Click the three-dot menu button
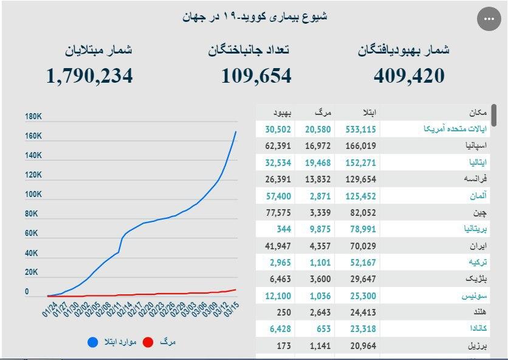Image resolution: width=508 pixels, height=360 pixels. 489,19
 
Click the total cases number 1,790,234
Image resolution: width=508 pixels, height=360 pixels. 89,75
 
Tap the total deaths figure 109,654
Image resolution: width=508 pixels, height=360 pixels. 256,75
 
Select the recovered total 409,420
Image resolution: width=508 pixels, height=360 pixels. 409,75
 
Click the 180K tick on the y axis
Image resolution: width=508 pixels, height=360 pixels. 33,117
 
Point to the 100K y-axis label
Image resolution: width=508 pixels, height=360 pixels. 33,195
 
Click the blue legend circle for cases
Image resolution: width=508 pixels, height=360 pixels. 92,342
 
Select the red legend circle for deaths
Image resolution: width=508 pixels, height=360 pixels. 148,342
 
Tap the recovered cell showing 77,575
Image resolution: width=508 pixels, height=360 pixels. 278,213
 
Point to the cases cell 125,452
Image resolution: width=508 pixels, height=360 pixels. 360,196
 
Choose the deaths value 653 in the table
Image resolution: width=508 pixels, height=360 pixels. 323,329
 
